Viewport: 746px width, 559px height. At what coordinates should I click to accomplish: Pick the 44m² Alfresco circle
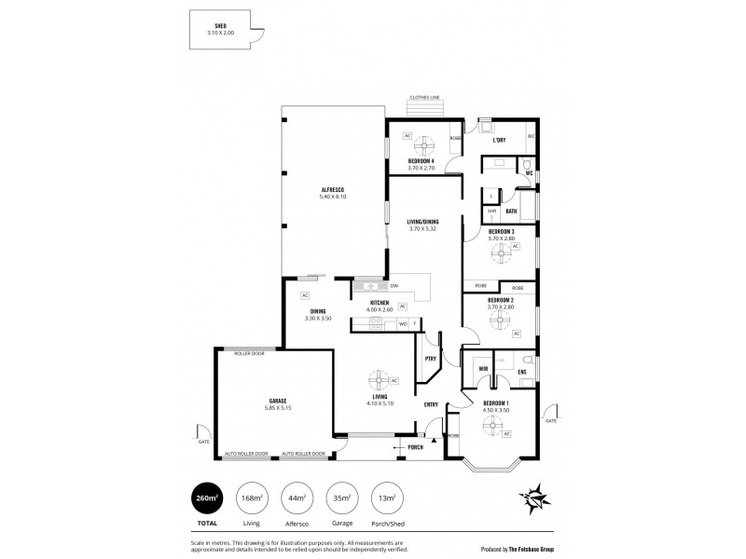pos(297,499)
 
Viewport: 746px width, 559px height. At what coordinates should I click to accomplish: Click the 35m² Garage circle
pos(341,499)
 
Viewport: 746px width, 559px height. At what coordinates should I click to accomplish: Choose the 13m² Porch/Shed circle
pos(386,499)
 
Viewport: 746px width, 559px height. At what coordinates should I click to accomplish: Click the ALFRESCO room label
pos(334,191)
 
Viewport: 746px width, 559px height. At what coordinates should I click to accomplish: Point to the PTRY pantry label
pos(430,359)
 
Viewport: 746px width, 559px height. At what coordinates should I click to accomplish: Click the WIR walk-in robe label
pos(483,369)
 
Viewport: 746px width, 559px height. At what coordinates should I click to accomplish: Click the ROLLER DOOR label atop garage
pos(249,354)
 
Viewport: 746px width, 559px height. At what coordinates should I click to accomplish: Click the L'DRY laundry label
pos(500,141)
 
